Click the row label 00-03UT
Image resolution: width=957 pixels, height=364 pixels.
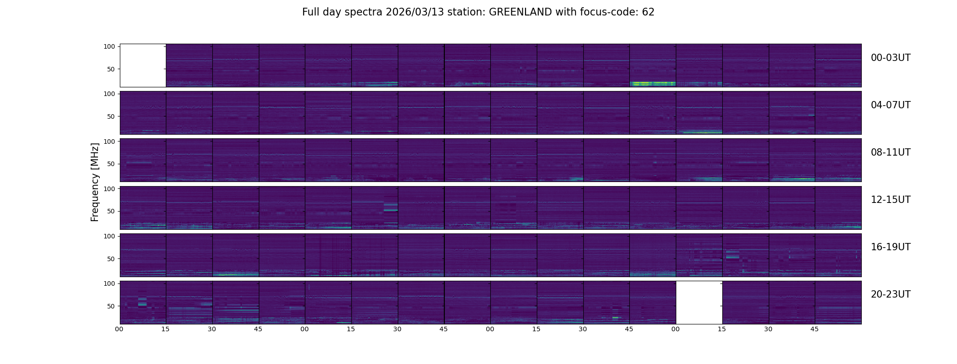(890, 58)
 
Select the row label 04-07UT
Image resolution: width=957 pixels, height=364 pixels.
(890, 105)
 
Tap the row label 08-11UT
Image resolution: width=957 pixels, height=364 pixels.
(890, 152)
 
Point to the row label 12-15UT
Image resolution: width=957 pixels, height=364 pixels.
(890, 200)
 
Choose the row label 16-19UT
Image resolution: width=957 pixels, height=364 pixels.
(890, 247)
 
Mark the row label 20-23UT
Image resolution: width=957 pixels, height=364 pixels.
(890, 294)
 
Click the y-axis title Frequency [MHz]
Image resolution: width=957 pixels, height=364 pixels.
(95, 182)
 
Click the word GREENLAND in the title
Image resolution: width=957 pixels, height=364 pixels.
(520, 12)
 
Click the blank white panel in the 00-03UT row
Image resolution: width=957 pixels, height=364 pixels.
(143, 65)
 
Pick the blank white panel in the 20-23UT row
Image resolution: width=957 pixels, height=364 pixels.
(699, 302)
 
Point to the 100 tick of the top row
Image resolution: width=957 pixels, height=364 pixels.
(109, 46)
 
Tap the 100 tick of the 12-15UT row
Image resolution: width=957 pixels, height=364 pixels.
(109, 188)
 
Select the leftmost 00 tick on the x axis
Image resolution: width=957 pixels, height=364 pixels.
(119, 329)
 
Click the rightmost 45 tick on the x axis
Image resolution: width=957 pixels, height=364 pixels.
(814, 329)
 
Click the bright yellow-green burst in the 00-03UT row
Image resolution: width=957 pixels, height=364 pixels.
(652, 84)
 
